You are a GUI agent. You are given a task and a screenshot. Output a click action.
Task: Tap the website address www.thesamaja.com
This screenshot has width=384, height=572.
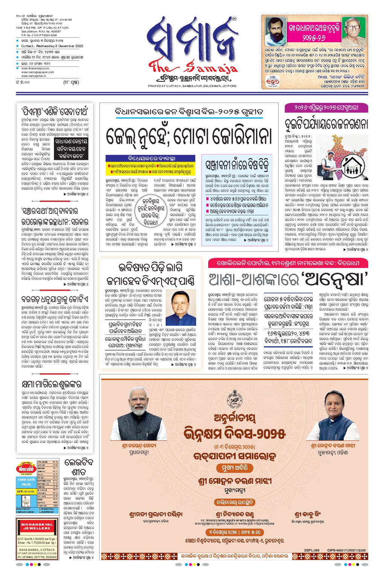click(x=35, y=69)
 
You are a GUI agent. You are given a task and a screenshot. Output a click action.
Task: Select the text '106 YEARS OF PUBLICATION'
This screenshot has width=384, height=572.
click(x=42, y=28)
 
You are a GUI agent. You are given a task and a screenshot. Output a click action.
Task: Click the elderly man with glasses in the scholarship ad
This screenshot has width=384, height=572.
click(x=354, y=31)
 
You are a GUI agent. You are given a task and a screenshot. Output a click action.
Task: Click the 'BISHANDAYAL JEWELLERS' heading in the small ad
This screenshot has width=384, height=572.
click(x=37, y=526)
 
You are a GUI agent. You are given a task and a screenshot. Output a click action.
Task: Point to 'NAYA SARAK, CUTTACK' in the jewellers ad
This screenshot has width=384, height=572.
click(x=37, y=550)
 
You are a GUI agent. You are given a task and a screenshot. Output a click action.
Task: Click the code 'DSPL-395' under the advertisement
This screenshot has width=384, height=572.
click(x=312, y=550)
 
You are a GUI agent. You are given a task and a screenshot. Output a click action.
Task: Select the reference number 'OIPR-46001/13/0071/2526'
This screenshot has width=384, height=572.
click(x=346, y=550)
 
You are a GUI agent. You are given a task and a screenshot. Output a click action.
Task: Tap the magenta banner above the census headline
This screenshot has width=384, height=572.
click(x=326, y=107)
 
